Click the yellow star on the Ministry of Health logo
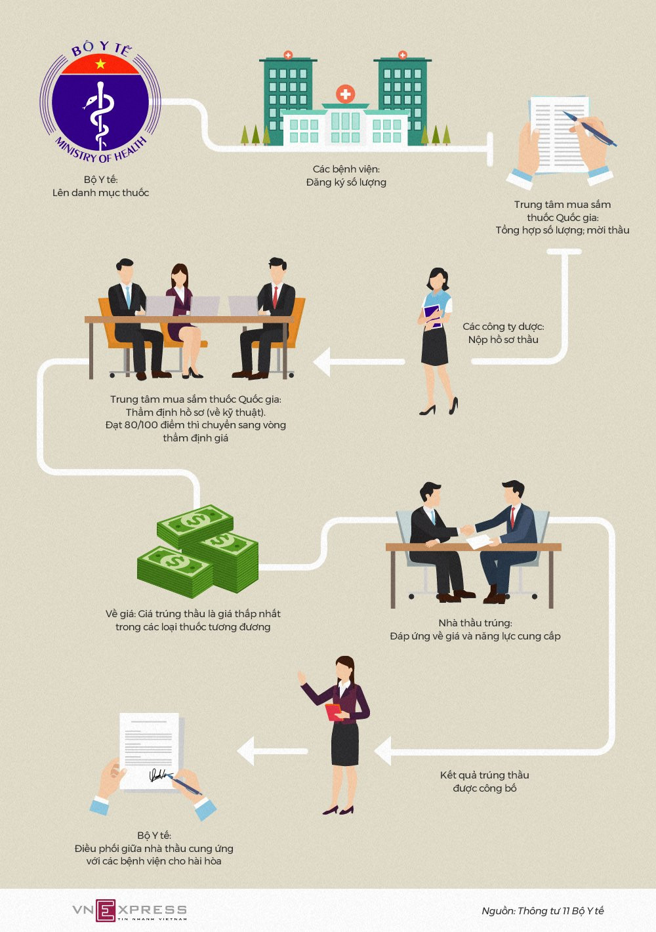(100, 64)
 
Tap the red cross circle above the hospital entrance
(345, 94)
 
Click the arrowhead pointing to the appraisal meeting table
(321, 362)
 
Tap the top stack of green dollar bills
(195, 523)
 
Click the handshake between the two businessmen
(466, 529)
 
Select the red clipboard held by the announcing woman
(335, 712)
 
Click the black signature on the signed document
(157, 776)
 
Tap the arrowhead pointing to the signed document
(245, 751)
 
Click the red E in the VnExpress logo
(106, 910)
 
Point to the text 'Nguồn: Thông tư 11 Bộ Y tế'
(543, 910)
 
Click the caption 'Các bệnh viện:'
(346, 169)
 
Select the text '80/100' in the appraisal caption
(141, 425)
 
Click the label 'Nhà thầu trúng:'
(475, 623)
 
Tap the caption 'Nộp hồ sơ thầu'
(503, 340)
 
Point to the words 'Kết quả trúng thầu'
(484, 775)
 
